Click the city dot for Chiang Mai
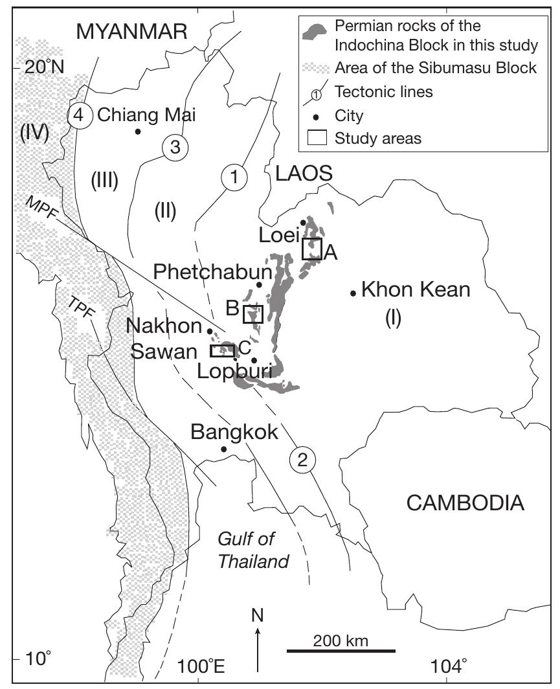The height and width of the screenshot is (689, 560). (138, 131)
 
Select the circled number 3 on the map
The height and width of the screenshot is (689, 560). (174, 146)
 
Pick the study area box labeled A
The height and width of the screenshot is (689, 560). (312, 249)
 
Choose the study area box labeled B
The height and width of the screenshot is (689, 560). (252, 315)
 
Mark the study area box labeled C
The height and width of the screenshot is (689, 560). (222, 351)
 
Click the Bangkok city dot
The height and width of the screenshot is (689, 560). (223, 449)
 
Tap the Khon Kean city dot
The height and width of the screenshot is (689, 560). (353, 293)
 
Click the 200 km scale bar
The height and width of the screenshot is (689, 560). (341, 650)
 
